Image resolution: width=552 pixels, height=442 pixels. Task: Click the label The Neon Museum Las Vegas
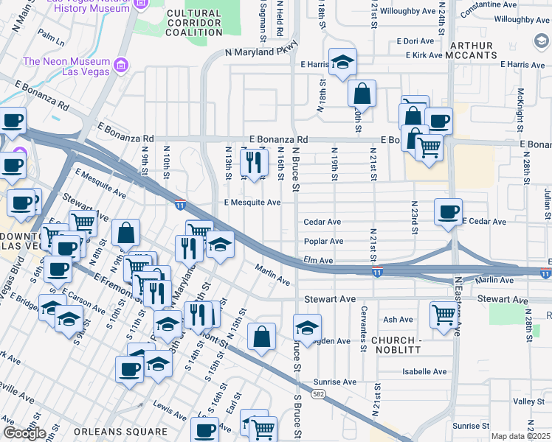click(x=67, y=66)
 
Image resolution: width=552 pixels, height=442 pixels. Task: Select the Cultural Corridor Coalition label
click(x=193, y=23)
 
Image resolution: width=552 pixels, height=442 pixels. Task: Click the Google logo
click(x=24, y=433)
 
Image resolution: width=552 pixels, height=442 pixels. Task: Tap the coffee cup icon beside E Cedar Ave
click(x=447, y=212)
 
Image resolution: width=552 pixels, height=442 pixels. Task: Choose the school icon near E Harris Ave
click(x=342, y=63)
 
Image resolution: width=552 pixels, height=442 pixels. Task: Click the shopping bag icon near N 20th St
click(x=362, y=94)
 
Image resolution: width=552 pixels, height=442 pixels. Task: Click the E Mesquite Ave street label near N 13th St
click(x=252, y=203)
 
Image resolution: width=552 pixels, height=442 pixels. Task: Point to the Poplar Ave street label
click(x=323, y=241)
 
